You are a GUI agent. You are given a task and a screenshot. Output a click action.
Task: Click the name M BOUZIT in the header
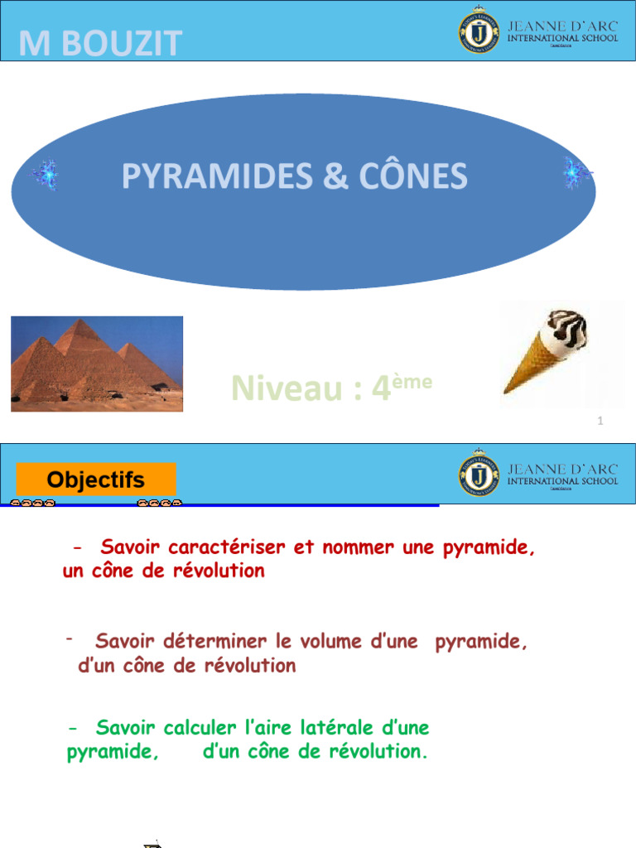coord(99,44)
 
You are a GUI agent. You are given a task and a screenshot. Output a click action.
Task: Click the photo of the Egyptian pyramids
coord(97,364)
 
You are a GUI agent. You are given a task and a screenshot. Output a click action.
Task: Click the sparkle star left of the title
coord(44,175)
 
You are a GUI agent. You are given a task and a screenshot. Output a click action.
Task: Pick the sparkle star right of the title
coord(576,173)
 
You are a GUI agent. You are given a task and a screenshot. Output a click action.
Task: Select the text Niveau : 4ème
coord(331,387)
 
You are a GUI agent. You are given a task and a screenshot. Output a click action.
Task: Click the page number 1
coord(600,422)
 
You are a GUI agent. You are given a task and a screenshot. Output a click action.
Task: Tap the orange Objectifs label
coord(96,479)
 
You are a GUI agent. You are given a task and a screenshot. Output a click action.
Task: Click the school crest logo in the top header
coord(479,31)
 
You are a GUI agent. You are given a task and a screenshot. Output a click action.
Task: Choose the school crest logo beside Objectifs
coord(479,473)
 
